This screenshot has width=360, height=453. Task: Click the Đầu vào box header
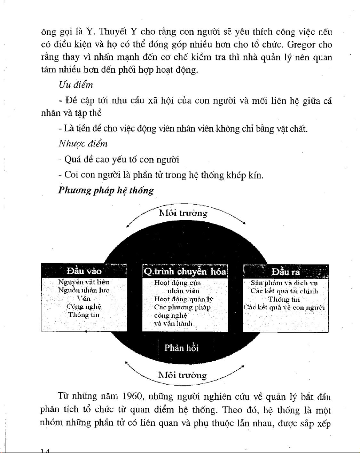[x=84, y=271]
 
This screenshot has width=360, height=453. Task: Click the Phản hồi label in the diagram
[x=181, y=348]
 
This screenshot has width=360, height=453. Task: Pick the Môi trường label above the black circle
[x=183, y=213]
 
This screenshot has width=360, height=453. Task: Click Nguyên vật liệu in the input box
[x=84, y=282]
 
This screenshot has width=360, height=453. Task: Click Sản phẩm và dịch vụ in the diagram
[x=285, y=283]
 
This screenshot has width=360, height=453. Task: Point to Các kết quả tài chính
[x=285, y=291]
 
